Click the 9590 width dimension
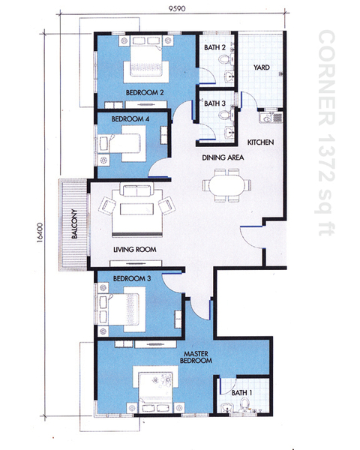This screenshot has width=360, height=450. coord(177,8)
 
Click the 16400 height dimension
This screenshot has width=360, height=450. coord(40,232)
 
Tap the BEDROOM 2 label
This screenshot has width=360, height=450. coord(145,92)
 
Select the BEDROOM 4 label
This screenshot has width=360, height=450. coord(130,118)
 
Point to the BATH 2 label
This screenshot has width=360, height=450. coord(214,47)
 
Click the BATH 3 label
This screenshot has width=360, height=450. coord(214,103)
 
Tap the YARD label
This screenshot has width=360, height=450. coord(262,67)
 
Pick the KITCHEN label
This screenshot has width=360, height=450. coord(260,142)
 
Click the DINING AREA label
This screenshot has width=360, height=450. coord(223,157)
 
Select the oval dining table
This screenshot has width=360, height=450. coord(226,185)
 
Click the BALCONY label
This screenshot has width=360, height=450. coord(74,224)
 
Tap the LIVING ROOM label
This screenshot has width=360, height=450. coord(135,250)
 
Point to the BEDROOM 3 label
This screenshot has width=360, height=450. coord(132,278)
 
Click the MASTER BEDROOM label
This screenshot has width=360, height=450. coord(196,357)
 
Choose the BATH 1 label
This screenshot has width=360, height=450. coord(241,392)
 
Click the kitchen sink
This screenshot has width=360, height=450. coord(271,118)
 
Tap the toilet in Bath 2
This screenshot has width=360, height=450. coord(225,60)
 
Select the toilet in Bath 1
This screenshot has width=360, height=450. coord(244,405)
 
